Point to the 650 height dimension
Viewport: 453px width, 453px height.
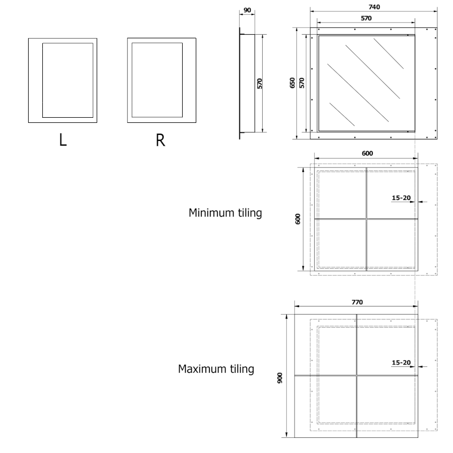pyautogui.click(x=293, y=83)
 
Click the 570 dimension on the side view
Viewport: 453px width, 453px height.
pyautogui.click(x=260, y=83)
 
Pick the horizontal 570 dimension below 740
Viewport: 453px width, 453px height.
pyautogui.click(x=366, y=18)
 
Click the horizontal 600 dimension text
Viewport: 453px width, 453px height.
pyautogui.click(x=367, y=154)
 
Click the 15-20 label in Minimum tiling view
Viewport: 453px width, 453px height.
pyautogui.click(x=401, y=198)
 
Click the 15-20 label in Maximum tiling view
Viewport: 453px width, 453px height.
pyautogui.click(x=401, y=362)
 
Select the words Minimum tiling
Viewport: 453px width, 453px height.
pyautogui.click(x=225, y=213)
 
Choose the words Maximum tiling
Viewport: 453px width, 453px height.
pyautogui.click(x=216, y=369)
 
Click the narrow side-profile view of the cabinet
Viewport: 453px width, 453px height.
pyautogui.click(x=241, y=83)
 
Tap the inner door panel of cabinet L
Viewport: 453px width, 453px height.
pyautogui.click(x=68, y=80)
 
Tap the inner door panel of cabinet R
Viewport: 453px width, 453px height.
pyautogui.click(x=157, y=80)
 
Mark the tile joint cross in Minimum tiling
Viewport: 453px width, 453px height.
pyautogui.click(x=366, y=219)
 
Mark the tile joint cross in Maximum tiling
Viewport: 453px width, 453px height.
pyautogui.click(x=356, y=375)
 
